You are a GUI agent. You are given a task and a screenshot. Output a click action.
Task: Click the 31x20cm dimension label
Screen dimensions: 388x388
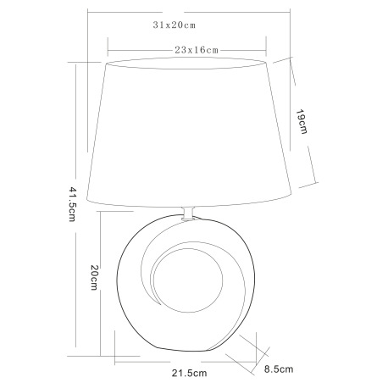pyautogui.click(x=175, y=25)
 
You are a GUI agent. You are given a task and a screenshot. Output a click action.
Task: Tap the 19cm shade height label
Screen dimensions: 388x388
pyautogui.click(x=302, y=124)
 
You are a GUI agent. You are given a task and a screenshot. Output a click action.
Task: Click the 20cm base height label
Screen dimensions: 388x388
pyautogui.click(x=94, y=279)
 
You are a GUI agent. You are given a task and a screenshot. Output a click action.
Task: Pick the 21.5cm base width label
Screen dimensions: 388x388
pyautogui.click(x=190, y=372)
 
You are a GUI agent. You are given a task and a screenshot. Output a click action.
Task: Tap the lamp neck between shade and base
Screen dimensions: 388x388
pyautogui.click(x=189, y=213)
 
